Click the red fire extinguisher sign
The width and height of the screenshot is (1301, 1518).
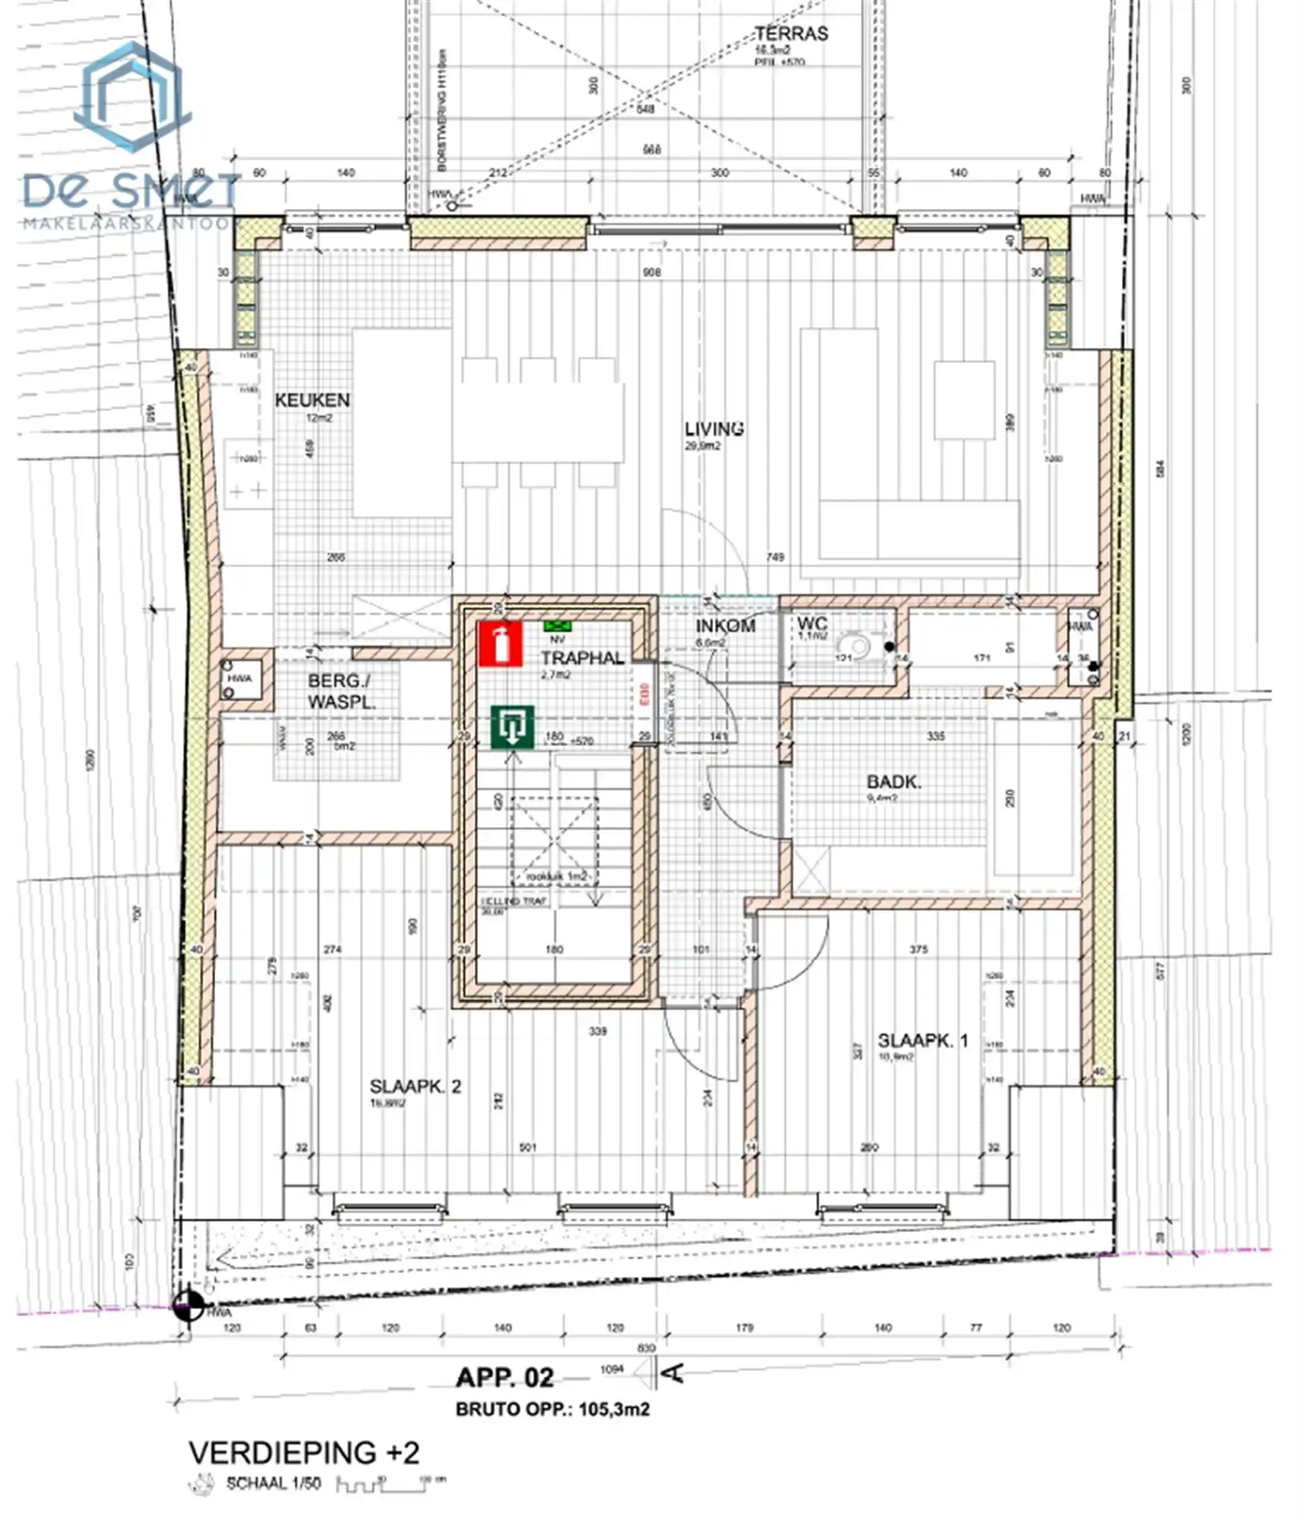[x=500, y=644]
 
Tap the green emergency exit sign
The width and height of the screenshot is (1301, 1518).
[x=512, y=728]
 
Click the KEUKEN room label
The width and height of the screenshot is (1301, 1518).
[x=312, y=400]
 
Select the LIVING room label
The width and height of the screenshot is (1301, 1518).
[x=714, y=429]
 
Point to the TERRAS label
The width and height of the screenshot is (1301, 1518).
[x=790, y=34]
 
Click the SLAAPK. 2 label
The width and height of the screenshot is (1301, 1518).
[x=415, y=1086]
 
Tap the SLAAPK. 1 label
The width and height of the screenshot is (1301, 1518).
[x=923, y=1041]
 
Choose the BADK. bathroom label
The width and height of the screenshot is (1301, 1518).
[x=893, y=782]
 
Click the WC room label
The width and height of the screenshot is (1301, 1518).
[x=812, y=624]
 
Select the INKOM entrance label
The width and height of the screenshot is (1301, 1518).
[x=724, y=626]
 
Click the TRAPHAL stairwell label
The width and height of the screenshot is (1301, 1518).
[x=582, y=658]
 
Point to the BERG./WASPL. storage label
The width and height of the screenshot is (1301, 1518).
[x=341, y=691]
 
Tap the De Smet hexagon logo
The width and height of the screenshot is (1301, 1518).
[x=133, y=98]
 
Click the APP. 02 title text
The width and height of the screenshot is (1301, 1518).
[x=504, y=1377]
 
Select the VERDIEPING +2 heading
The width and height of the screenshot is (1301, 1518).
[x=304, y=1452]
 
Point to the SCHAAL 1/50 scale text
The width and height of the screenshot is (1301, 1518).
[x=273, y=1483]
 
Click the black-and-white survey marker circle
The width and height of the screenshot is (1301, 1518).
[x=188, y=1305]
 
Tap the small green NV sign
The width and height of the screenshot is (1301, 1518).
[x=556, y=626]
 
